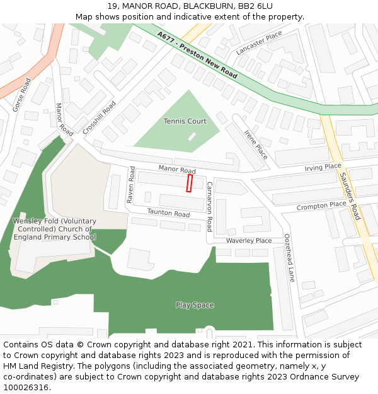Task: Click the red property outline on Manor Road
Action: [189, 183]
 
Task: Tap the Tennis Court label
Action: [185, 121]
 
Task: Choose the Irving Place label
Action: [323, 167]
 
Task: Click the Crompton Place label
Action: [321, 206]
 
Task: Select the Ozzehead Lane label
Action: [289, 257]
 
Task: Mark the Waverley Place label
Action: [249, 240]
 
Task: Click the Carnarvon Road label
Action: [210, 207]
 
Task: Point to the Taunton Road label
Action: [168, 214]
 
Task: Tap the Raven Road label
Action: [131, 184]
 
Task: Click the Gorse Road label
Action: [21, 95]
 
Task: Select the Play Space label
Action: [195, 305]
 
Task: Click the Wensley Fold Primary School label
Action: [55, 229]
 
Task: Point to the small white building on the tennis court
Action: [192, 137]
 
